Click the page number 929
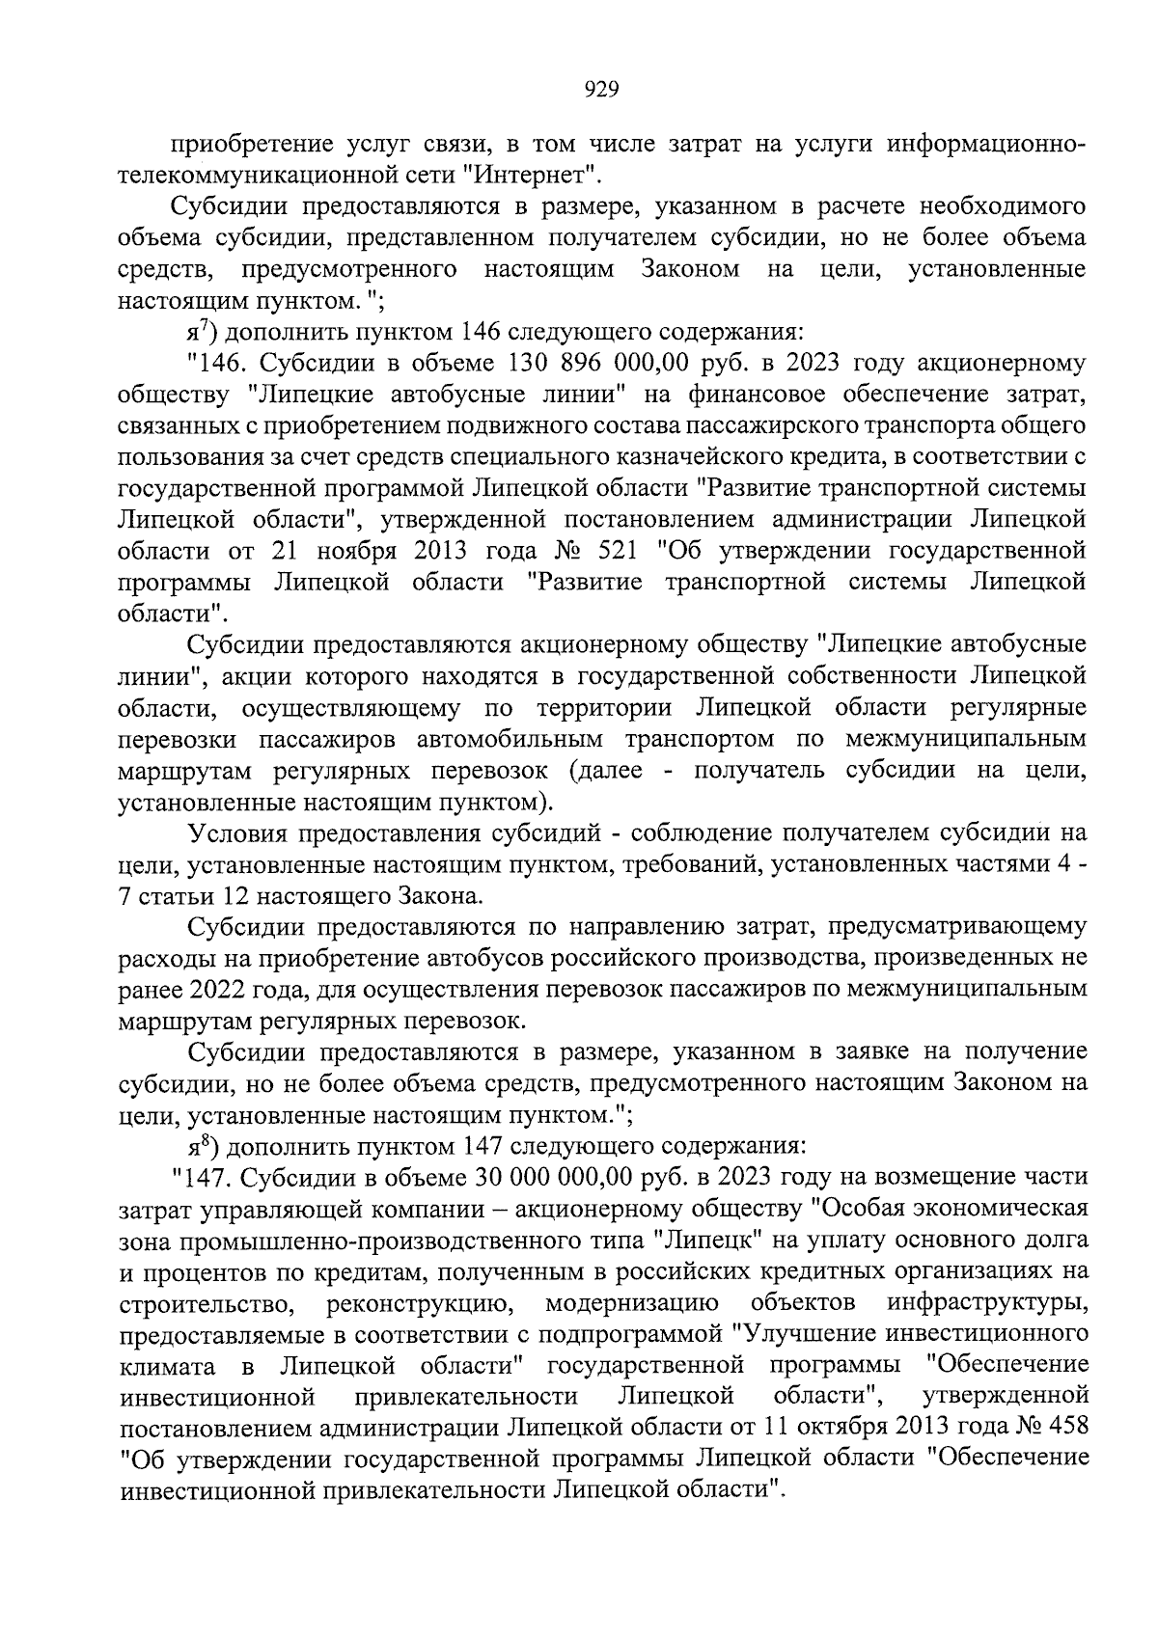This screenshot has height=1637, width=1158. click(601, 90)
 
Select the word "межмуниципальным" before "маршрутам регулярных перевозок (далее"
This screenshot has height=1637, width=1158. click(965, 739)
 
